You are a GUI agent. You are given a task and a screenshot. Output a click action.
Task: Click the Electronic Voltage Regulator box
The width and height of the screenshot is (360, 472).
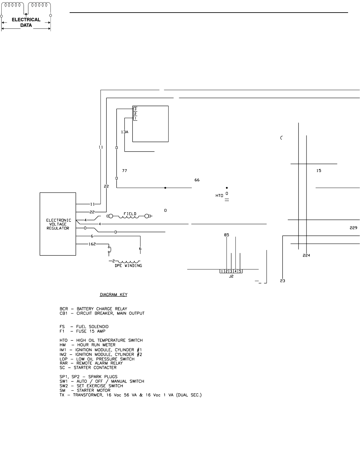pyautogui.click(x=58, y=224)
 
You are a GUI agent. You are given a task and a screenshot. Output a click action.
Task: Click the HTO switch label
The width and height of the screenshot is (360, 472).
pyautogui.click(x=219, y=196)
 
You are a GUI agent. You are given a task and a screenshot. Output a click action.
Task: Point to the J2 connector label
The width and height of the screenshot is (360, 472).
pyautogui.click(x=231, y=276)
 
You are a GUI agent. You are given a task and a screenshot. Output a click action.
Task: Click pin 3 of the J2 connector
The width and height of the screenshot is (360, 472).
pyautogui.click(x=231, y=271)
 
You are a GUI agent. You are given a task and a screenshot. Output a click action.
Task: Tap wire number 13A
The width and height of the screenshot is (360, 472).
pyautogui.click(x=125, y=132)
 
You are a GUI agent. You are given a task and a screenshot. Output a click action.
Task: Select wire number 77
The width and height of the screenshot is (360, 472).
pyautogui.click(x=124, y=170)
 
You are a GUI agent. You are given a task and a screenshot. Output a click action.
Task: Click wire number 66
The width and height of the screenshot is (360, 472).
pyautogui.click(x=197, y=180)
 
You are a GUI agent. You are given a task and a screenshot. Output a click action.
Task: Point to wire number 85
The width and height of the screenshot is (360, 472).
pyautogui.click(x=227, y=235)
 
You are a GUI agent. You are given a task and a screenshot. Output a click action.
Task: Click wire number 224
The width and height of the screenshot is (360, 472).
pyautogui.click(x=306, y=255)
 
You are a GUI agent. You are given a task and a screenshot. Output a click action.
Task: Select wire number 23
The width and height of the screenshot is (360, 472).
pyautogui.click(x=283, y=281)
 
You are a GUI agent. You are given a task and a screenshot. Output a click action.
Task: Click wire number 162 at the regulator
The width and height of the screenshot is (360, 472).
pyautogui.click(x=92, y=244)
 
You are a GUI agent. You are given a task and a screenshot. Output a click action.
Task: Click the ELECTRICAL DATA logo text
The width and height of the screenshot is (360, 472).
pyautogui.click(x=26, y=22)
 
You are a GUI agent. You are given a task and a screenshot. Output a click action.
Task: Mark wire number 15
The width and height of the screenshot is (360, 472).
pyautogui.click(x=319, y=171)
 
